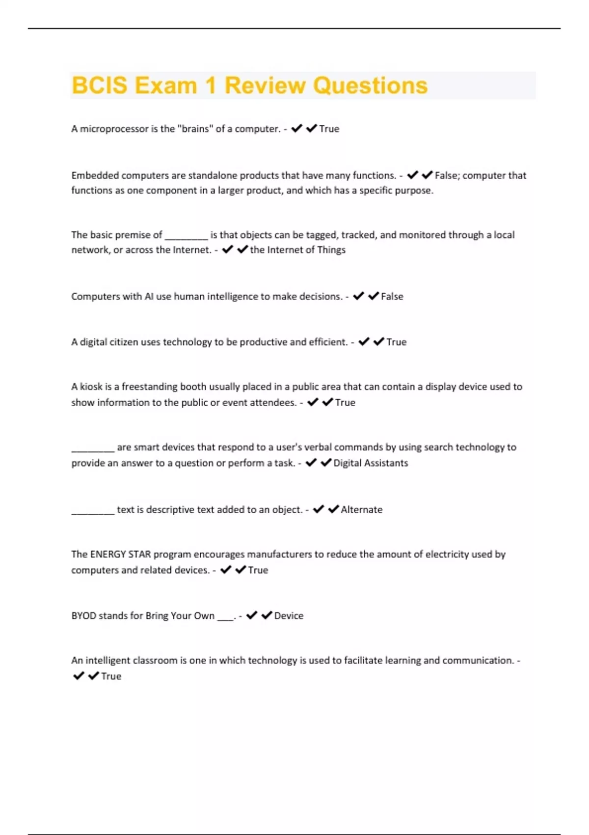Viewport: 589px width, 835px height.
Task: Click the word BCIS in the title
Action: tap(100, 85)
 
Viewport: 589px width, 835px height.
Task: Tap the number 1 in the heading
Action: tap(211, 85)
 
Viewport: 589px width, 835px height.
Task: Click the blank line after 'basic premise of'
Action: tap(186, 235)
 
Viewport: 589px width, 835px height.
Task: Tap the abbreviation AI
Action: tap(149, 296)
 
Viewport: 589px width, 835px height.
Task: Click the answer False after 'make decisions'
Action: tap(392, 296)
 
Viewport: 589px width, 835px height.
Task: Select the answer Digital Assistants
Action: tap(371, 463)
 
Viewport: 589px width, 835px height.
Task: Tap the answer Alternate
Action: tap(361, 509)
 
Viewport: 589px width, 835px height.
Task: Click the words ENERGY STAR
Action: tap(120, 554)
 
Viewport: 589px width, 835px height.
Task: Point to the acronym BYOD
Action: tap(83, 615)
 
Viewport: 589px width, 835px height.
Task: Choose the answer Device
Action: tap(289, 615)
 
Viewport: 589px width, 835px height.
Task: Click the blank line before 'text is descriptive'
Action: tap(93, 510)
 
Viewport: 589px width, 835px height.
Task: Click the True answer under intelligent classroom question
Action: tap(111, 676)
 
